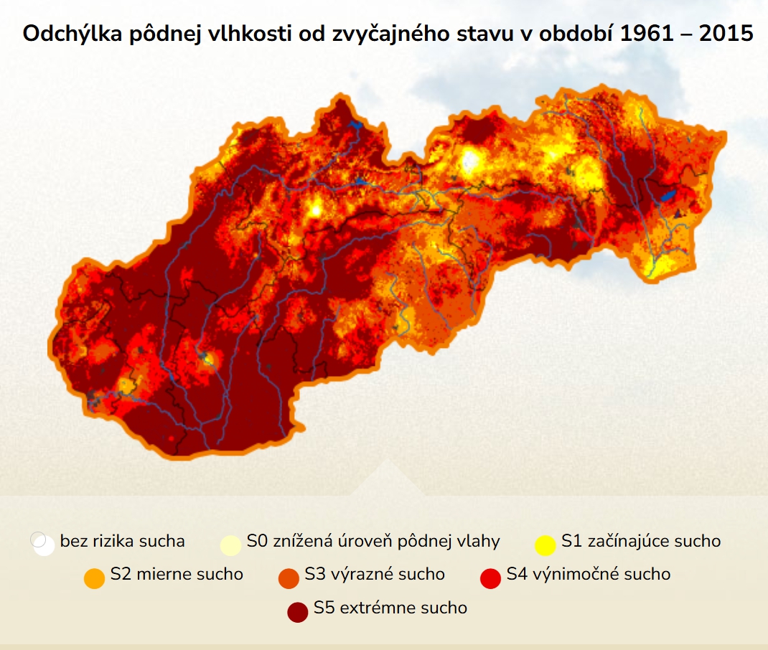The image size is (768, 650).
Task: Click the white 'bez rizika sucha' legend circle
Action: pos(43,544)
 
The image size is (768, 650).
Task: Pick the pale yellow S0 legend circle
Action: pos(230,545)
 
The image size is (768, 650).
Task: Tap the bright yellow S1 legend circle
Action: pos(545,545)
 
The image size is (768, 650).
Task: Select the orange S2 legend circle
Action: pos(94,578)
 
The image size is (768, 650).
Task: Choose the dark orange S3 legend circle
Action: pos(288,578)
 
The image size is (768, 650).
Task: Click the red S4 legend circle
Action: pos(490,578)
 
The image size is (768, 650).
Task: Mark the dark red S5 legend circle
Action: pos(298,612)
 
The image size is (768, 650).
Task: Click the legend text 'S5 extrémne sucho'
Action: pos(390,608)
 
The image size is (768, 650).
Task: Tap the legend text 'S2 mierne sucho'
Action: pos(177,575)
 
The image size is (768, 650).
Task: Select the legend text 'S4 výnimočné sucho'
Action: pos(589,575)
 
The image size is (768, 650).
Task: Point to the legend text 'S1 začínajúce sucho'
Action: pos(641,541)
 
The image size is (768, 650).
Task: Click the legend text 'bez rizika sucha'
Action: pos(123,541)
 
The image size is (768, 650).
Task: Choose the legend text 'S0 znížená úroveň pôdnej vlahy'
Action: pos(373,541)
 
